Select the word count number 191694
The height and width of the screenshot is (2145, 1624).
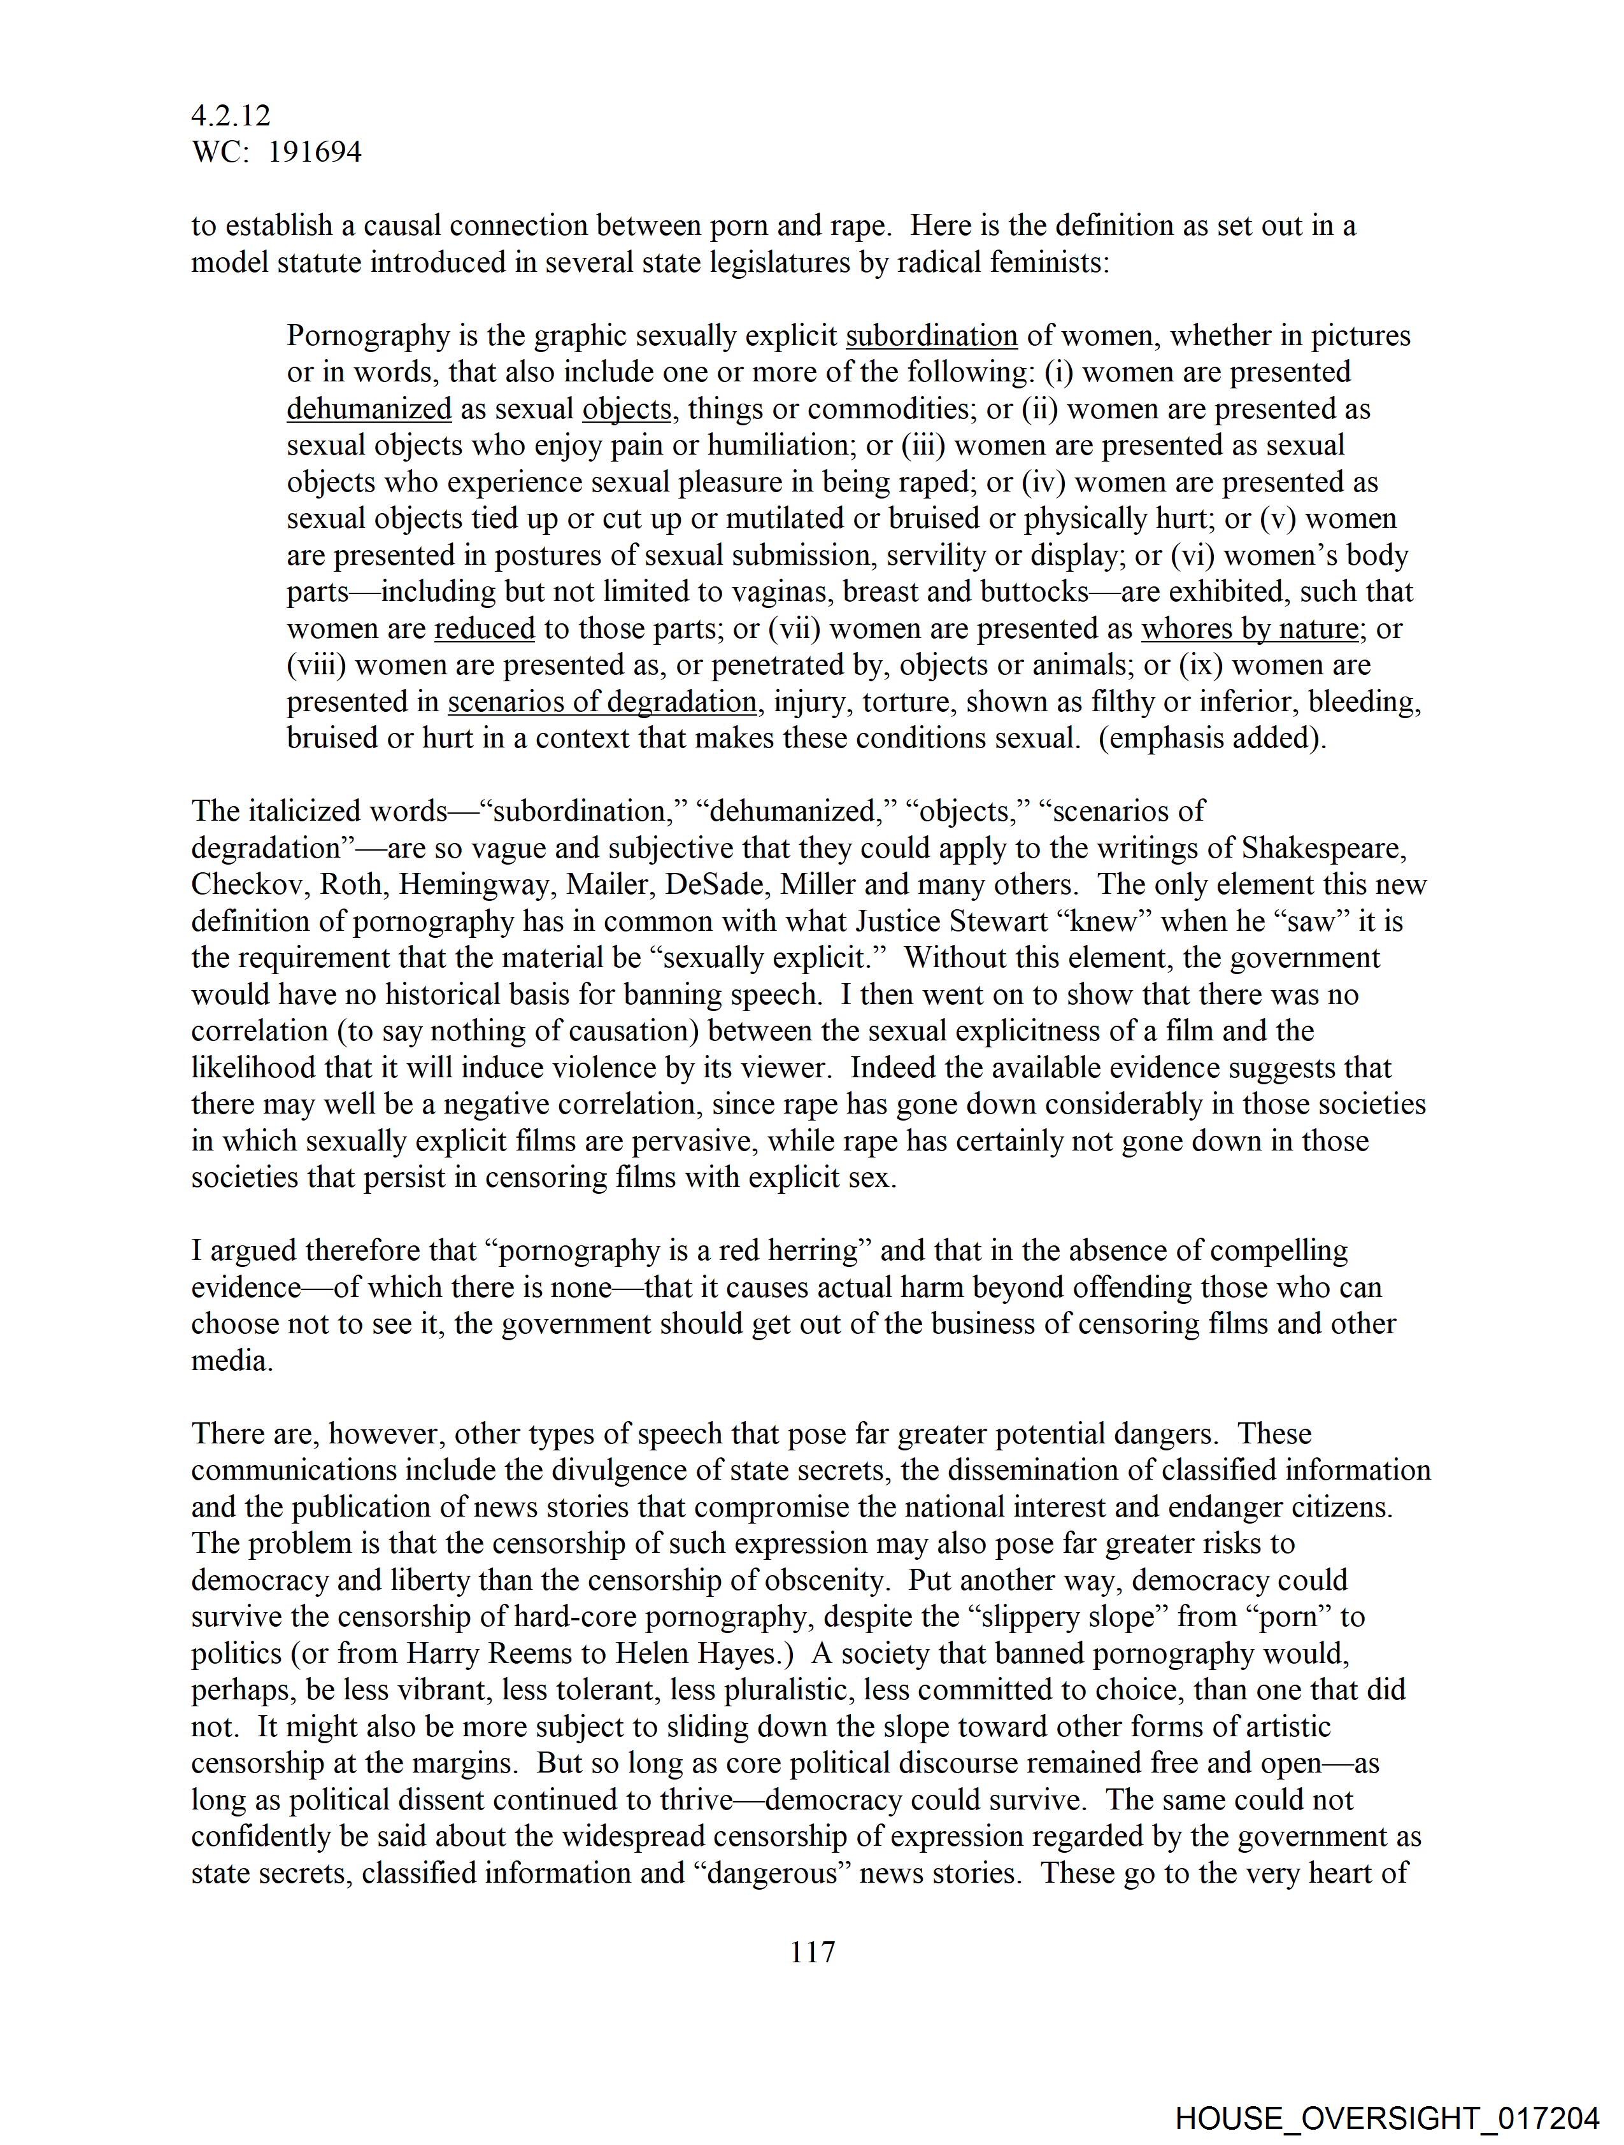pos(315,152)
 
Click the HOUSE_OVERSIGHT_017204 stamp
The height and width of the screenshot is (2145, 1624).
pos(1387,2118)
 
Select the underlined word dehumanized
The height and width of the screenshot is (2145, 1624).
pos(369,409)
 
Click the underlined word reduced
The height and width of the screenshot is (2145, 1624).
pos(484,628)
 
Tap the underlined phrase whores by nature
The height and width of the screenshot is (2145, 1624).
pos(1248,628)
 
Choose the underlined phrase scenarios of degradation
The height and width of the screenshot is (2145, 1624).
pos(601,702)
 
